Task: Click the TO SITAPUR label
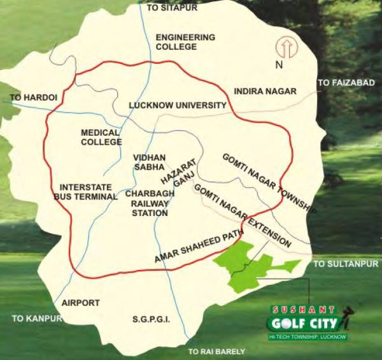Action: click(173, 8)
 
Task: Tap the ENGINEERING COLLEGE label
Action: click(185, 42)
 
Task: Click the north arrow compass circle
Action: click(284, 48)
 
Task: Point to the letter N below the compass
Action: click(278, 65)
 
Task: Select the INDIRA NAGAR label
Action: click(265, 91)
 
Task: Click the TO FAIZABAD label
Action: click(344, 83)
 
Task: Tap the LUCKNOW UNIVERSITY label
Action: click(178, 105)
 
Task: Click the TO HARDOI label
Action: click(34, 97)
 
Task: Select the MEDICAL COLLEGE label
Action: click(101, 138)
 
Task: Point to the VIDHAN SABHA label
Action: click(150, 162)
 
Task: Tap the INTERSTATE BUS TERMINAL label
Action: click(88, 192)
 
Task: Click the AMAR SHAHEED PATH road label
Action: click(199, 246)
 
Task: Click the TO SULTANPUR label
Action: click(346, 263)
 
